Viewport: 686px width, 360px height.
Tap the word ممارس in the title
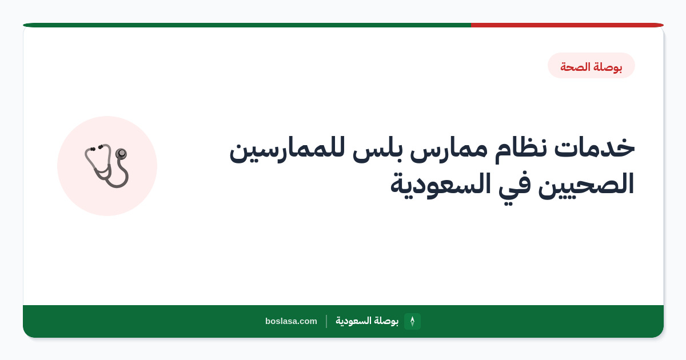(x=448, y=151)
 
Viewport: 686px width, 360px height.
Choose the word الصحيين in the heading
(x=586, y=185)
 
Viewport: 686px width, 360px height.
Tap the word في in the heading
(x=514, y=187)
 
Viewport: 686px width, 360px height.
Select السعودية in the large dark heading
(x=440, y=185)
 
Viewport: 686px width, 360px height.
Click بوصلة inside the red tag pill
(x=608, y=67)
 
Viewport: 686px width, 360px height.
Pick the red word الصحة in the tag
(x=576, y=67)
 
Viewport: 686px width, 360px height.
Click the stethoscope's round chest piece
(x=121, y=153)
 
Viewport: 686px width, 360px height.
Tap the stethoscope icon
(x=106, y=166)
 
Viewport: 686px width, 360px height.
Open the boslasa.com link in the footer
(x=291, y=321)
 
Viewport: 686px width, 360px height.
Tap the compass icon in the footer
(x=412, y=321)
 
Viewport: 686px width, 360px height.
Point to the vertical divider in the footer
(x=326, y=321)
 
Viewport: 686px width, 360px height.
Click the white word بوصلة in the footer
(x=386, y=321)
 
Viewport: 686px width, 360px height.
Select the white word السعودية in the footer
(x=353, y=321)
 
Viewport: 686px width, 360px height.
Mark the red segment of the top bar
(x=567, y=25)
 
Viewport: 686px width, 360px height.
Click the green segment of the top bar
(x=247, y=25)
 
